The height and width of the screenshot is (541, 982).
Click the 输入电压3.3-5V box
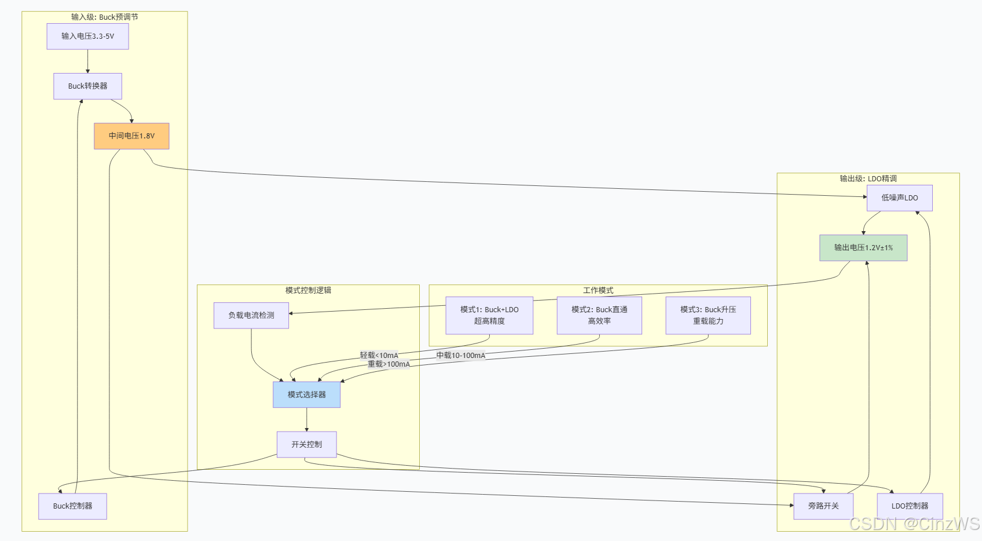click(x=87, y=36)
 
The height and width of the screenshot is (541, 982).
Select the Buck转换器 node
click(x=87, y=86)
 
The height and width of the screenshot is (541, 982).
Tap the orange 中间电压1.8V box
click(x=131, y=136)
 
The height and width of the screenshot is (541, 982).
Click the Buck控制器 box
click(x=72, y=506)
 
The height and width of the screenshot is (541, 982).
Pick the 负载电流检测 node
click(x=251, y=316)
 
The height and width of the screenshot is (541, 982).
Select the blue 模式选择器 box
click(x=306, y=394)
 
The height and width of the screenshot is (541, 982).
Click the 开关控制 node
click(x=306, y=444)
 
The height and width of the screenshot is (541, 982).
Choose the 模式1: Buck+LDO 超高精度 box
click(x=489, y=316)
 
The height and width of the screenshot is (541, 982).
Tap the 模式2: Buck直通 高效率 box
click(x=599, y=316)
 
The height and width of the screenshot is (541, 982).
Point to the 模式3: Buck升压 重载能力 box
click(x=708, y=316)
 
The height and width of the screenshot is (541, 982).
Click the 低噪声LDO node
click(x=899, y=198)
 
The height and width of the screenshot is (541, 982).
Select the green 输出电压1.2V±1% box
click(x=863, y=248)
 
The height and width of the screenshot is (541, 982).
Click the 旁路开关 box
click(x=823, y=506)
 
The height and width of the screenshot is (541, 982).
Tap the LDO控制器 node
click(x=910, y=506)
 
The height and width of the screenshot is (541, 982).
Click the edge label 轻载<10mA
click(x=379, y=355)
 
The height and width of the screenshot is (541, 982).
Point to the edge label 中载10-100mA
click(x=461, y=355)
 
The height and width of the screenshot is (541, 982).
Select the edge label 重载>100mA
click(x=389, y=364)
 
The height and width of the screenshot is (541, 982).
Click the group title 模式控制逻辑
click(x=308, y=290)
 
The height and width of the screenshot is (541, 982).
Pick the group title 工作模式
click(x=598, y=290)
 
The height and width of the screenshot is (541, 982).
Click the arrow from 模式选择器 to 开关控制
click(x=307, y=420)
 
